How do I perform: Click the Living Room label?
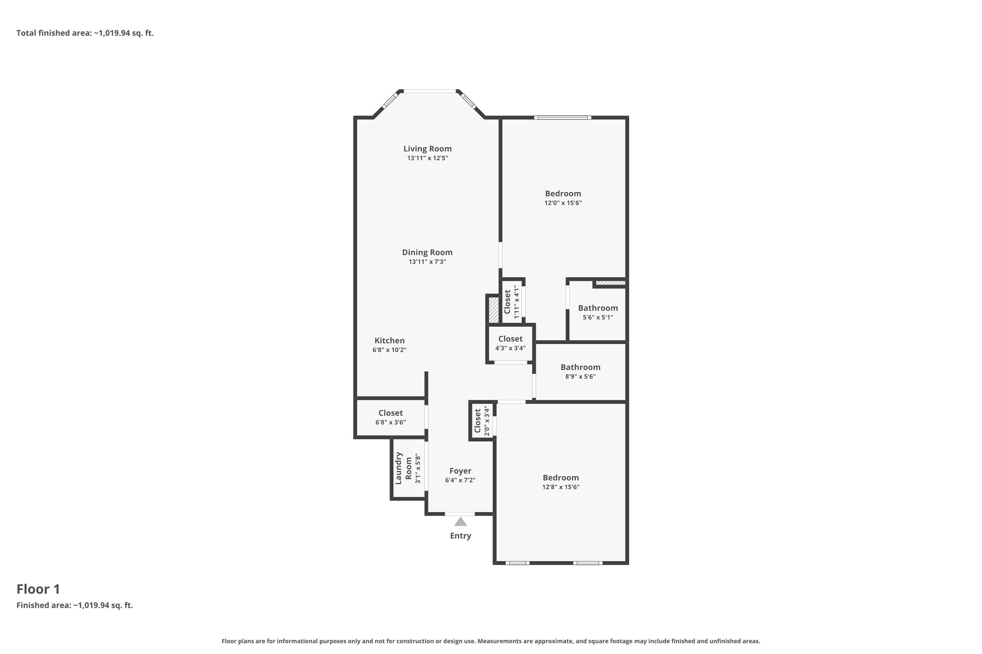pos(427,148)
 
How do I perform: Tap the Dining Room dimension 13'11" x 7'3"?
pos(427,262)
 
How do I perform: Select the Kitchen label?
pos(389,340)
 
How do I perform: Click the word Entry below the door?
pos(460,536)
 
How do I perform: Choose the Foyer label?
pos(460,471)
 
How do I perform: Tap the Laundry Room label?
pos(403,468)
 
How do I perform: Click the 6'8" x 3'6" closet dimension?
pos(391,422)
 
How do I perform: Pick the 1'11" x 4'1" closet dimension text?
pos(517,302)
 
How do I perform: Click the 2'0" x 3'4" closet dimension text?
pos(486,421)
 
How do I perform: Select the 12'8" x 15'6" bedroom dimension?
pos(561,487)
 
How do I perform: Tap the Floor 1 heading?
pos(38,589)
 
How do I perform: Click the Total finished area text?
pos(85,33)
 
